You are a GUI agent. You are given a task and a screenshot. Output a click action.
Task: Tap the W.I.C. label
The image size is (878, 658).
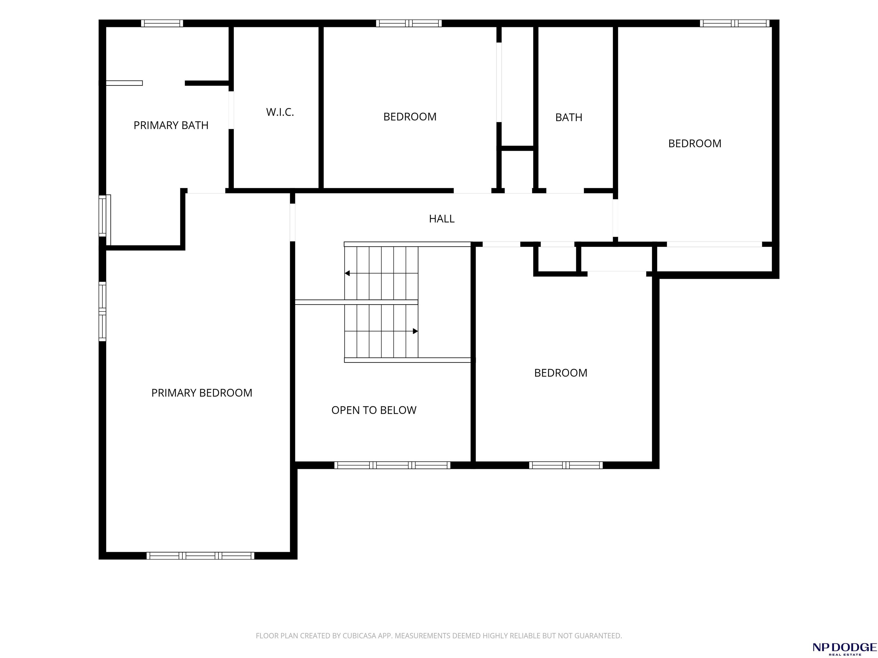tap(280, 112)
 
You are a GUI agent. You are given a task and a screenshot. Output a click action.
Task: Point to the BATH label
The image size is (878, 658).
tap(568, 117)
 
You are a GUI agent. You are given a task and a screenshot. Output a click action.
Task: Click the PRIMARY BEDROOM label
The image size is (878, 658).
tap(202, 393)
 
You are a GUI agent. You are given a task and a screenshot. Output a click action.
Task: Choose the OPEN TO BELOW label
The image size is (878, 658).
tap(374, 410)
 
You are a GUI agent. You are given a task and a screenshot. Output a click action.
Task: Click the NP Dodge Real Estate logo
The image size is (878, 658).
tap(844, 648)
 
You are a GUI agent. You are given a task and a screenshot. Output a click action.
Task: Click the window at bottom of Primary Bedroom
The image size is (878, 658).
tap(200, 556)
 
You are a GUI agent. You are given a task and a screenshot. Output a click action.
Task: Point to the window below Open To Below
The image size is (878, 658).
tap(392, 465)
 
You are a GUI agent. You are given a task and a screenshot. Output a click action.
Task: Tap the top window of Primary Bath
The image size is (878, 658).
tap(162, 23)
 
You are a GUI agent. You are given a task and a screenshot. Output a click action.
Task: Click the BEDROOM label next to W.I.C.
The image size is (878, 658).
tap(410, 117)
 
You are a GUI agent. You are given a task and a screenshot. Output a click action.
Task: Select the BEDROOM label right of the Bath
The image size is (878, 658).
tap(695, 144)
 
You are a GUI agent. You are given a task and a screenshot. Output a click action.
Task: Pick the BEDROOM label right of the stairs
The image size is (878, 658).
tap(560, 373)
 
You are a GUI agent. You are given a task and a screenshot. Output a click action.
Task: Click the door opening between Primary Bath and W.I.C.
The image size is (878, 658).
tap(231, 110)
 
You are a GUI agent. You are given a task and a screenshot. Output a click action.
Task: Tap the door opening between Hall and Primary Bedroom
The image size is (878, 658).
tap(293, 222)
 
